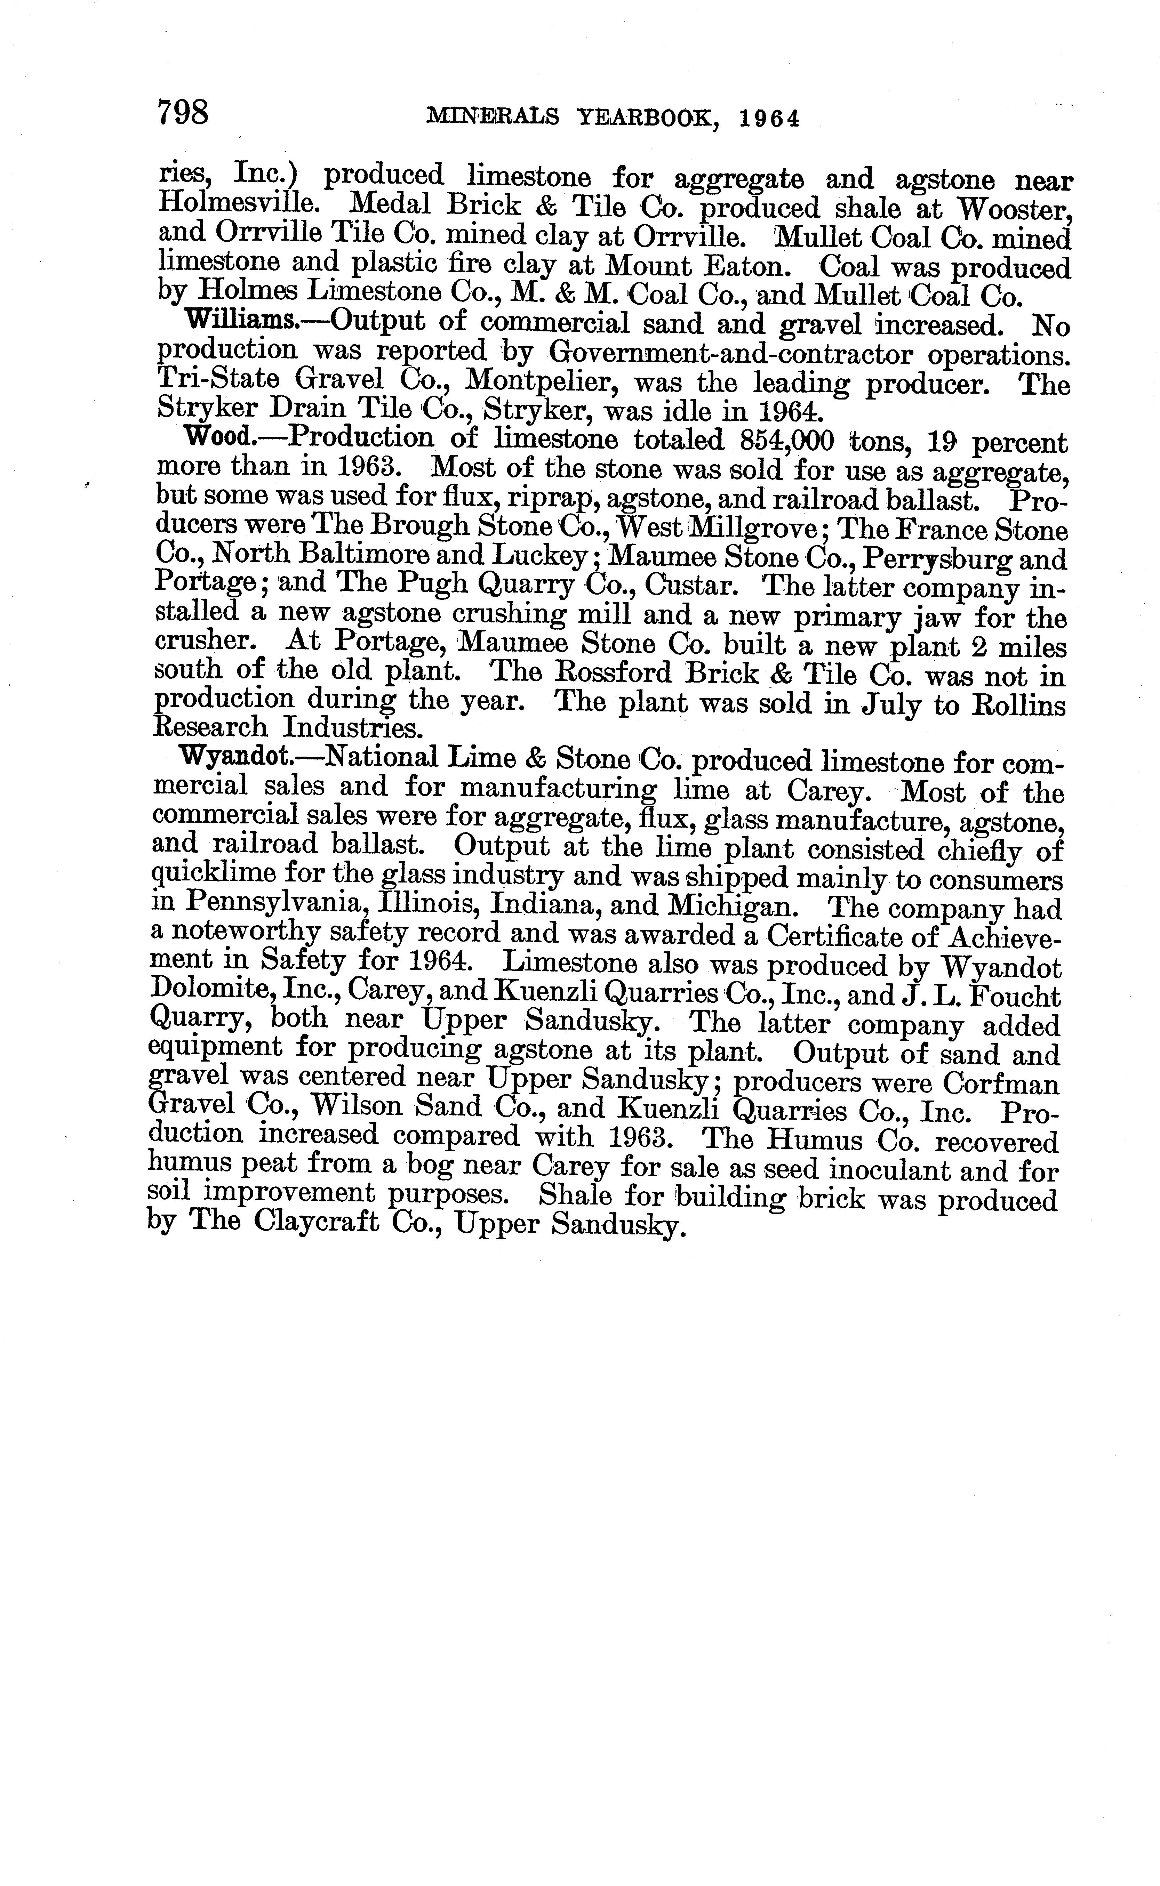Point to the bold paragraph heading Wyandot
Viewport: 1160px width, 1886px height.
click(234, 757)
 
